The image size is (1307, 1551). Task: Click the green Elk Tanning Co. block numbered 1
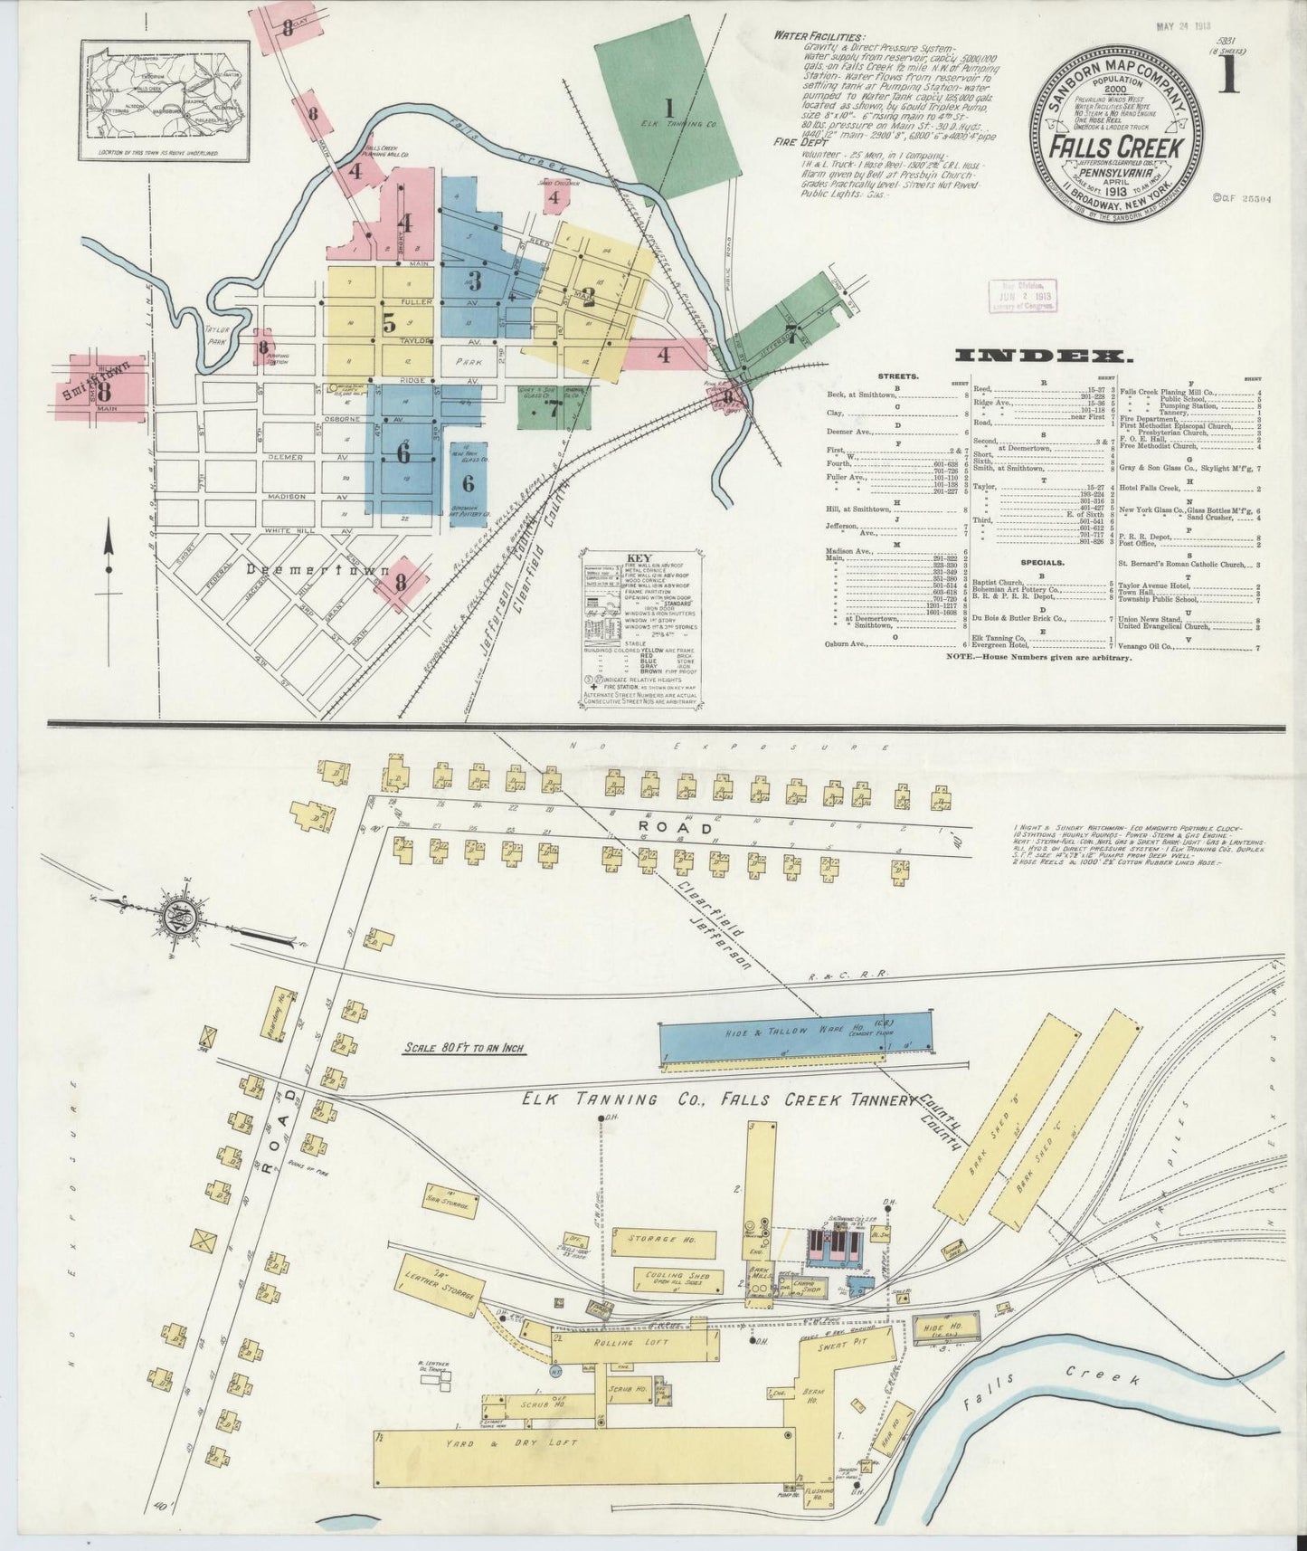pyautogui.click(x=668, y=109)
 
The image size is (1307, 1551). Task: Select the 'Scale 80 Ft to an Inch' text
pyautogui.click(x=465, y=1049)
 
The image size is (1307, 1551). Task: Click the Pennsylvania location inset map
pyautogui.click(x=165, y=100)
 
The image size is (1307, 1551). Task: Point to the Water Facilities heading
pyautogui.click(x=819, y=36)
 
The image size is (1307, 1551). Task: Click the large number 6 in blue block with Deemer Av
pyautogui.click(x=403, y=452)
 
